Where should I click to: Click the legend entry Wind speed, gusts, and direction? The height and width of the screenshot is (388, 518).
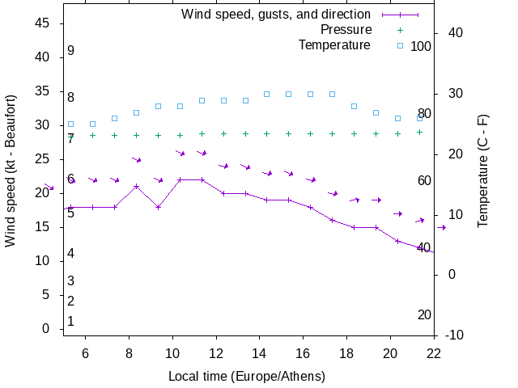click(x=276, y=15)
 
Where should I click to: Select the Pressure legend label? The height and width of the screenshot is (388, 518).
click(x=346, y=30)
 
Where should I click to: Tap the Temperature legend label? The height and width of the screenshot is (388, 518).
click(x=334, y=45)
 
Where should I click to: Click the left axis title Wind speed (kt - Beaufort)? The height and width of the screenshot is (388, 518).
click(x=11, y=182)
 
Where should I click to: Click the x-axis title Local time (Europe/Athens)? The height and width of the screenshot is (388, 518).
click(x=247, y=377)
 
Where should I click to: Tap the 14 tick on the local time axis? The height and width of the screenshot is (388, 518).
click(x=260, y=352)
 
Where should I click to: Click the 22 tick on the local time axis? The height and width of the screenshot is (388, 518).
click(x=434, y=352)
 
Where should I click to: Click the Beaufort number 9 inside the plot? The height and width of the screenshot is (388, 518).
click(x=71, y=51)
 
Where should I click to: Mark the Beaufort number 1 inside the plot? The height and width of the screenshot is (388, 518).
click(x=71, y=321)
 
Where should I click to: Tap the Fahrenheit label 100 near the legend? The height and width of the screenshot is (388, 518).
click(x=421, y=46)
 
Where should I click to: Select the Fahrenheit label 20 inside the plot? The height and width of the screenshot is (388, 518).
click(x=424, y=314)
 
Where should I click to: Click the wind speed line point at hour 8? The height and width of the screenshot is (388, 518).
click(x=136, y=187)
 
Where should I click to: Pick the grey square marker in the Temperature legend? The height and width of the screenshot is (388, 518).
click(x=400, y=45)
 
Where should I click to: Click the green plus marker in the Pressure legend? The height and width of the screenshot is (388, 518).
click(x=400, y=30)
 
